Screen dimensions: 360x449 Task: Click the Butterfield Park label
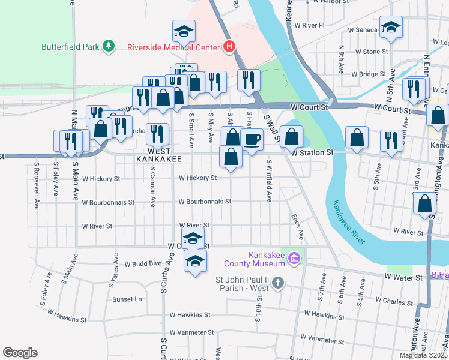(71, 46)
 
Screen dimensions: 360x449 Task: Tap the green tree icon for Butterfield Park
(108, 46)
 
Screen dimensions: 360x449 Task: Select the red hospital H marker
(228, 46)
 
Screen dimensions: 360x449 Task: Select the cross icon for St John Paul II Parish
(277, 282)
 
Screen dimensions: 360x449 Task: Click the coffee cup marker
(252, 140)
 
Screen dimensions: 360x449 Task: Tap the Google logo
(20, 353)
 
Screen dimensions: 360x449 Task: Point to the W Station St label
(312, 153)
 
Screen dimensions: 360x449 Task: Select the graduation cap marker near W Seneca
(391, 27)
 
